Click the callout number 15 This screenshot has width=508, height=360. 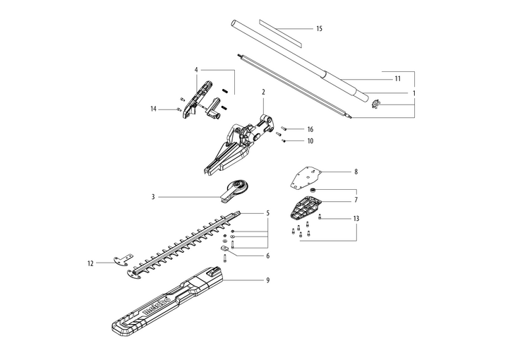click(319, 29)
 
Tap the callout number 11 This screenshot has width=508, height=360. click(397, 78)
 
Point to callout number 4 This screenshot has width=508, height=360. click(196, 69)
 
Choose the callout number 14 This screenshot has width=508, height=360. click(153, 109)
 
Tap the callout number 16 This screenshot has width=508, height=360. click(310, 130)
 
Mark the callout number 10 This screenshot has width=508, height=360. click(310, 141)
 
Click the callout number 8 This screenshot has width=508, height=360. click(356, 172)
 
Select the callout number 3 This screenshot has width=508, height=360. click(153, 197)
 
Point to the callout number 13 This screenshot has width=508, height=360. click(356, 219)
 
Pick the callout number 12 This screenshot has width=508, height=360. click(90, 263)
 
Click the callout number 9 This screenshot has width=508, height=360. click(267, 280)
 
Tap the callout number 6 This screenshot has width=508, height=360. click(267, 256)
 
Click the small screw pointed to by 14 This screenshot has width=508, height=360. click(178, 110)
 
